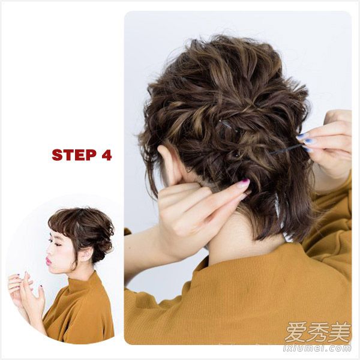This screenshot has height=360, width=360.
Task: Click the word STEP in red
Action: (74, 155)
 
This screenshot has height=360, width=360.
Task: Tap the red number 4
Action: (106, 155)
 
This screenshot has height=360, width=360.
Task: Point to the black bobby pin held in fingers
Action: (286, 149)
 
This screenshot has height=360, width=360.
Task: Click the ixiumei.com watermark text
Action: (317, 349)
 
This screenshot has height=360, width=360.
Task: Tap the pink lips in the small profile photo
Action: (48, 260)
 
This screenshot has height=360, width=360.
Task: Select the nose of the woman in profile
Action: (49, 251)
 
